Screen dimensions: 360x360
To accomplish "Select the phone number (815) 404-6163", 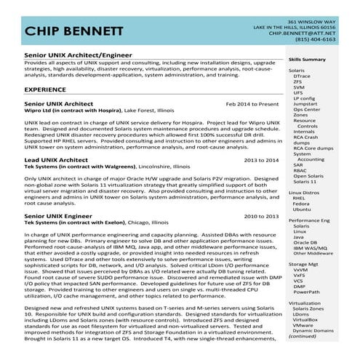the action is [x=315, y=40].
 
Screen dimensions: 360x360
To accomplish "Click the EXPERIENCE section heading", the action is [x=45, y=89].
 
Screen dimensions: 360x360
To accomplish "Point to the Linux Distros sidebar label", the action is [x=303, y=192].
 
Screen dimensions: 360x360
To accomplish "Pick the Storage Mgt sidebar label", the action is [x=303, y=265].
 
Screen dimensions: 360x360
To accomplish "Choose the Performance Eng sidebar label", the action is [x=309, y=220].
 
